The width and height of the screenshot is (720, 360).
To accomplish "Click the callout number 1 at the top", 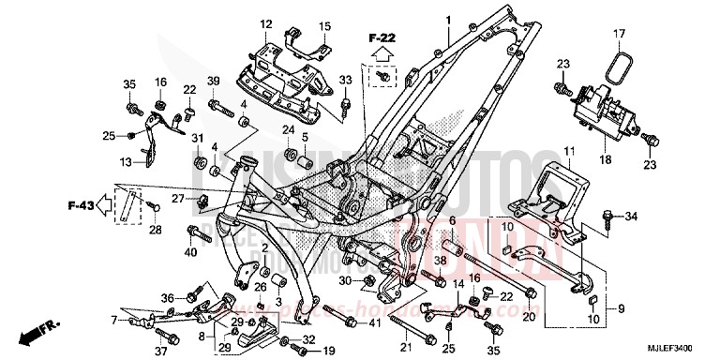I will [x=448, y=21].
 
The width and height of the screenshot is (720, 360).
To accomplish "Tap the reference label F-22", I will [x=382, y=38].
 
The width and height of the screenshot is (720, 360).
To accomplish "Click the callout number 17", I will [x=618, y=36].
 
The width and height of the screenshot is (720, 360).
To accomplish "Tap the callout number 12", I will [x=265, y=23].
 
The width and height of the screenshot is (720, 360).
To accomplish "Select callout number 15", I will [x=325, y=25].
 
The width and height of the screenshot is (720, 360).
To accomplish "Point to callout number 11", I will [x=568, y=152].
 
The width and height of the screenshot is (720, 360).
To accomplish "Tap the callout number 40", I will [x=191, y=251].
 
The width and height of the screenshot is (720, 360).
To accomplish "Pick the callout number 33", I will [x=344, y=80].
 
